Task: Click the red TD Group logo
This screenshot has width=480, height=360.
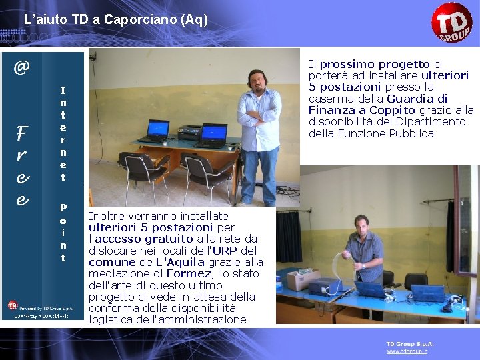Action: pos(451,23)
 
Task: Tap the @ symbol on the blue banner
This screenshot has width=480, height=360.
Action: pos(22,67)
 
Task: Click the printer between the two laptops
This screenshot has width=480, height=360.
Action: pos(188,131)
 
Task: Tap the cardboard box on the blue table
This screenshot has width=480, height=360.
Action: pos(299,279)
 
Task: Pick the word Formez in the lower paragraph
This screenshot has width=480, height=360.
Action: pos(188,273)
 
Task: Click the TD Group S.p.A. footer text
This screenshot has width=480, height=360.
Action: pos(410,343)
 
